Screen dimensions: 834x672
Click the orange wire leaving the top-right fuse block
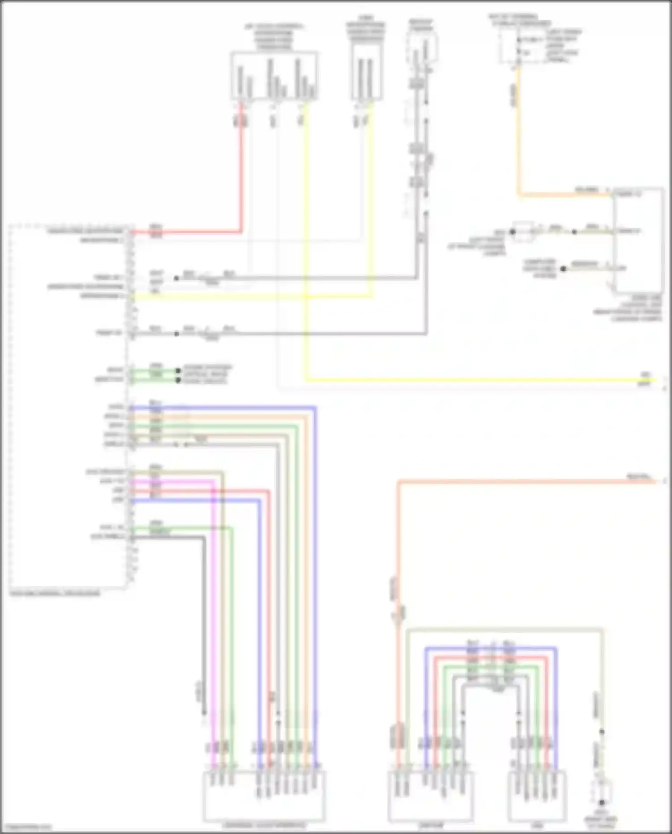point(519,134)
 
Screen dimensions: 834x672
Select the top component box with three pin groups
point(274,75)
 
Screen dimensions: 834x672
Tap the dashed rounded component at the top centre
point(422,47)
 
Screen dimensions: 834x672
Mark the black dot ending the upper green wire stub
point(178,371)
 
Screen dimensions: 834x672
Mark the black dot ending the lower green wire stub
point(178,380)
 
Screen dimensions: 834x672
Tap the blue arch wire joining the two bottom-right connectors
point(491,648)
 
